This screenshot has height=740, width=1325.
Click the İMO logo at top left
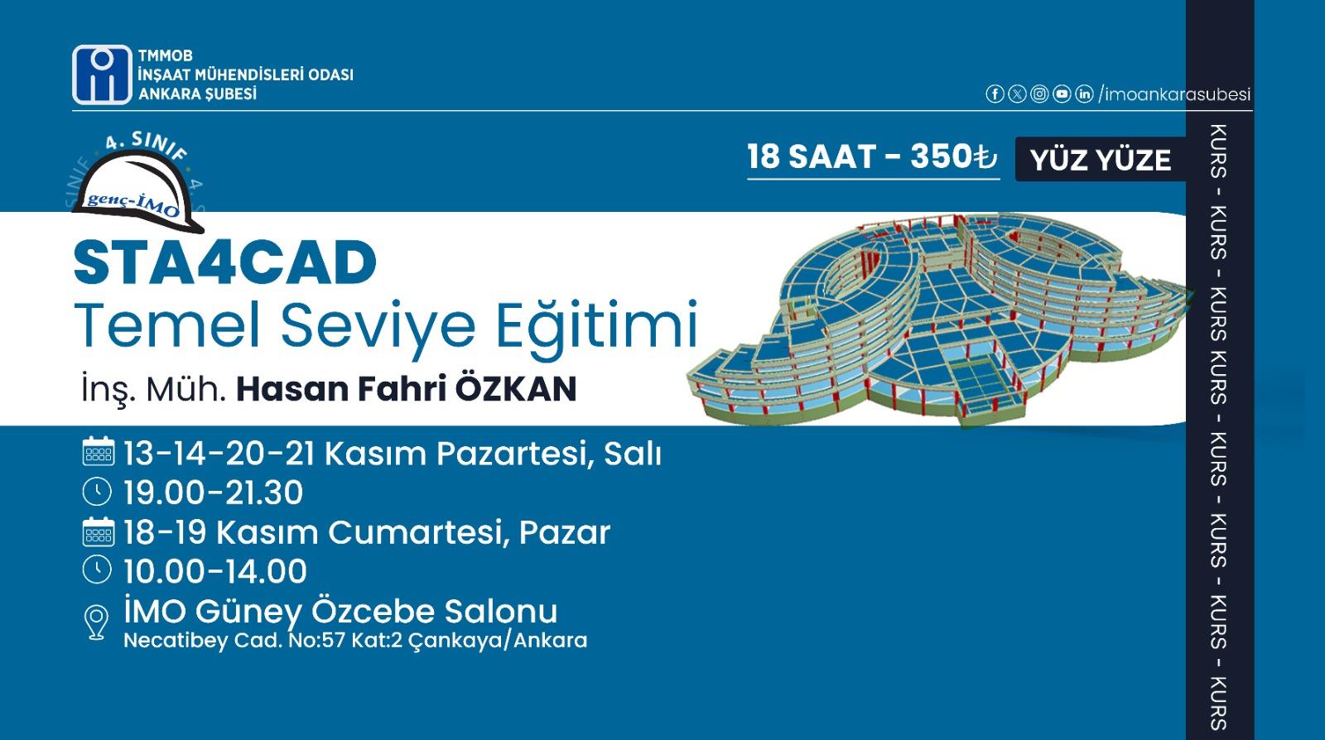pyautogui.click(x=103, y=74)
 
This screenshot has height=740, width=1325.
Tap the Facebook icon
pyautogui.click(x=995, y=94)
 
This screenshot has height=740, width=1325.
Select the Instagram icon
pyautogui.click(x=1039, y=94)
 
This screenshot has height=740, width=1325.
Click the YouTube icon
pyautogui.click(x=1062, y=94)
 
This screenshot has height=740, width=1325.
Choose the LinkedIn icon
pyautogui.click(x=1084, y=94)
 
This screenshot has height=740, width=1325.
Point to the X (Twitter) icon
pyautogui.click(x=1017, y=94)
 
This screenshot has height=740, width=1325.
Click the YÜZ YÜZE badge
pyautogui.click(x=1101, y=160)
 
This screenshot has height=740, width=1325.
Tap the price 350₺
pyautogui.click(x=953, y=156)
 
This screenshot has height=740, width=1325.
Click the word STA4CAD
pyautogui.click(x=225, y=262)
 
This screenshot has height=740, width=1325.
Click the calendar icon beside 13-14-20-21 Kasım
pyautogui.click(x=99, y=452)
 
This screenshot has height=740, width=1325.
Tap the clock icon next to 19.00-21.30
pyautogui.click(x=97, y=492)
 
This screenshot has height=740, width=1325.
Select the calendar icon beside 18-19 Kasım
pyautogui.click(x=99, y=531)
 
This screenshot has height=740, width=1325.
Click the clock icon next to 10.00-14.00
pyautogui.click(x=97, y=569)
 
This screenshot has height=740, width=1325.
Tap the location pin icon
pyautogui.click(x=96, y=622)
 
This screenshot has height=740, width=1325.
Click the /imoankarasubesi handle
pyautogui.click(x=1174, y=94)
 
